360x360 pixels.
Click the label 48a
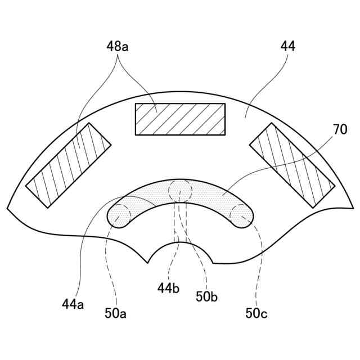coord(117,46)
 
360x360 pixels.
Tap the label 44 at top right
coord(287,46)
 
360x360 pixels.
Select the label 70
coord(340,129)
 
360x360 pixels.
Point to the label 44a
coord(73,304)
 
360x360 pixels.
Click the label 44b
coord(168,289)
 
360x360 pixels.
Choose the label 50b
coord(206,296)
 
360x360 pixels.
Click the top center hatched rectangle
coord(180,119)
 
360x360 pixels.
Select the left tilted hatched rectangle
coord(69,165)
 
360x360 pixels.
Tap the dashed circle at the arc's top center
coord(181,190)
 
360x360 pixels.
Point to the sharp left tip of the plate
coord(8,208)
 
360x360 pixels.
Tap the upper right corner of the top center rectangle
coord(224,103)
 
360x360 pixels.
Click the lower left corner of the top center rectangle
coord(136,134)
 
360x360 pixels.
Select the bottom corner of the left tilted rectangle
coord(48,208)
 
